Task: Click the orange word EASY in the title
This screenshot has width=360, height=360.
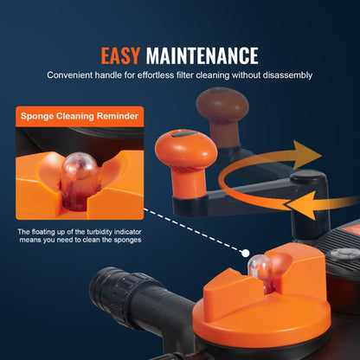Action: (120, 55)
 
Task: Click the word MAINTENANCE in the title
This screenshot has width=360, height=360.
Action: (202, 55)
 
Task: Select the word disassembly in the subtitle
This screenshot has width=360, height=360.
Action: (287, 75)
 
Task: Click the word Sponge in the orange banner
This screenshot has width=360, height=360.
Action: (37, 116)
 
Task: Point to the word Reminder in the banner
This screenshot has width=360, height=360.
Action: (118, 116)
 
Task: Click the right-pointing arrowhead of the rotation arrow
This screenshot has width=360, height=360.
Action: (306, 154)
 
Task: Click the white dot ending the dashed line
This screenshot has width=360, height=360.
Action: (246, 254)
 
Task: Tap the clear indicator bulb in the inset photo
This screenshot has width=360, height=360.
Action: (80, 179)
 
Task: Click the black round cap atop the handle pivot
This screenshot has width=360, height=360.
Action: (308, 177)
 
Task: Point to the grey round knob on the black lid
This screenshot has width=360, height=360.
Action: (344, 256)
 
